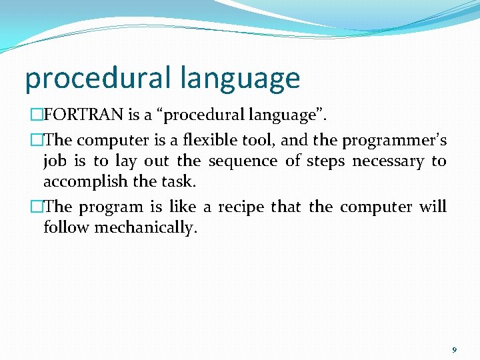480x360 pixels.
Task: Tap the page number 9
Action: [x=454, y=350]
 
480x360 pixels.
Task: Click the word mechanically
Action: [x=146, y=228]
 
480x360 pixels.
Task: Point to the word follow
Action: [x=67, y=227]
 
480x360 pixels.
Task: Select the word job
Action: [x=55, y=162]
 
